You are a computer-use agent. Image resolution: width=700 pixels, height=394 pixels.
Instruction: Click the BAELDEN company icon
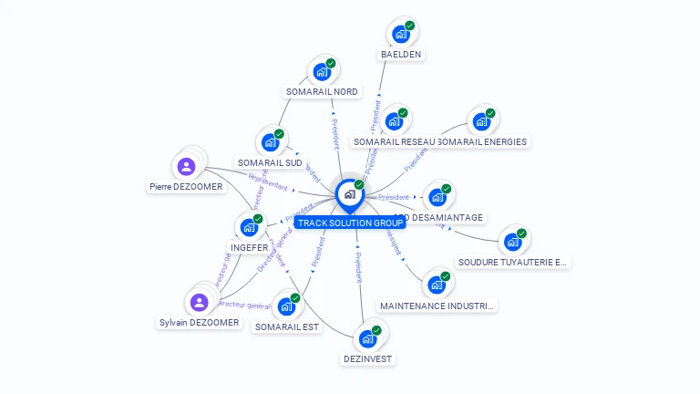[400, 35]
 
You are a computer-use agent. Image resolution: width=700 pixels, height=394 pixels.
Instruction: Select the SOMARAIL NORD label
[322, 91]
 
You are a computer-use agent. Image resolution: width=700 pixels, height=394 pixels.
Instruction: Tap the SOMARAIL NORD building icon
[321, 72]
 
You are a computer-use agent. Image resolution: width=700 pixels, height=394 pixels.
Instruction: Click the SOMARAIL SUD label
[269, 162]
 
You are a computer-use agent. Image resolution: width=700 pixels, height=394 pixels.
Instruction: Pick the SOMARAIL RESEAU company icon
[394, 121]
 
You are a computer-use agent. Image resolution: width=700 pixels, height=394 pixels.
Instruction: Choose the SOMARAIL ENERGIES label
[483, 141]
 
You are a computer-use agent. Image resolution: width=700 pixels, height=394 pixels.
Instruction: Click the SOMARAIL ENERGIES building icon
[480, 121]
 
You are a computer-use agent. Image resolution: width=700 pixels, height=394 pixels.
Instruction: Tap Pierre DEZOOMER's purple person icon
[186, 167]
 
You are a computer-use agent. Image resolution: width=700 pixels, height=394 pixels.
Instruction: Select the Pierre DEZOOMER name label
[186, 187]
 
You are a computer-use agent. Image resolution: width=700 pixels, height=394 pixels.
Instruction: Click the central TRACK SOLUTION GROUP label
[350, 223]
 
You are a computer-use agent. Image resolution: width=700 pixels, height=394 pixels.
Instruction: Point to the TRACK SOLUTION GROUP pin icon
[349, 194]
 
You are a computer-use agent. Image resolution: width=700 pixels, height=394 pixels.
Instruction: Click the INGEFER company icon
[249, 227]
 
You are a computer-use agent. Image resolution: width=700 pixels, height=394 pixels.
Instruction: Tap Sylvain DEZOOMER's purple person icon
[199, 303]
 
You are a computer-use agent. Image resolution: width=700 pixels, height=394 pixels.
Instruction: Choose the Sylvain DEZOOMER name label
[199, 322]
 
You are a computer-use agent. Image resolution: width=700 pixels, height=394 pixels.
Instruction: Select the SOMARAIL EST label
[287, 327]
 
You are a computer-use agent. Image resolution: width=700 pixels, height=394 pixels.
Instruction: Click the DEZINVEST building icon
[367, 339]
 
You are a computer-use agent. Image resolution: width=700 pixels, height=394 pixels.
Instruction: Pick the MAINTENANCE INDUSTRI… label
[437, 306]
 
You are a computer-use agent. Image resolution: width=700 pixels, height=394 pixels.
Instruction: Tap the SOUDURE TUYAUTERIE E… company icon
[512, 243]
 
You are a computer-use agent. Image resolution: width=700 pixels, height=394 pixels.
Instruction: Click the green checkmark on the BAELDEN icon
[410, 26]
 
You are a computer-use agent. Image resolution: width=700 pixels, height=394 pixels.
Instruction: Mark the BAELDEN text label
[401, 54]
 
